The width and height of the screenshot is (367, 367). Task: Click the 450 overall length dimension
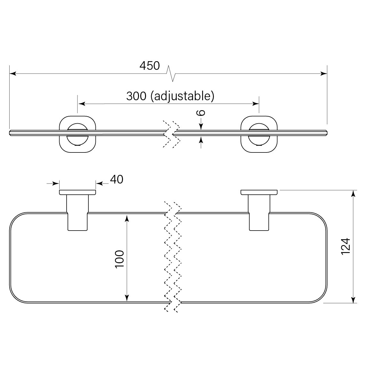point(150,66)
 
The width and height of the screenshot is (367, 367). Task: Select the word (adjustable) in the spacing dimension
point(182,96)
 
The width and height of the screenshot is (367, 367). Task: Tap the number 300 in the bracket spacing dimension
point(136,96)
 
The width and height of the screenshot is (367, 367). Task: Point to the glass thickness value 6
point(201,113)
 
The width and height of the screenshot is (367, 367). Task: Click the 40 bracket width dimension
point(117,179)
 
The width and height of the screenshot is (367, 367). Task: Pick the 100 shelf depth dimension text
point(119,259)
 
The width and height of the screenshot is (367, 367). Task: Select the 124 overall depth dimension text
point(346,246)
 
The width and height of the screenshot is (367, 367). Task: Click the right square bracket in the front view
point(259,134)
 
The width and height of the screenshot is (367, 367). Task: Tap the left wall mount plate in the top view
point(77,192)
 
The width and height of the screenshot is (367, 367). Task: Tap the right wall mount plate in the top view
point(259,192)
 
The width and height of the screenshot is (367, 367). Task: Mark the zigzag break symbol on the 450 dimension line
point(171,73)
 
